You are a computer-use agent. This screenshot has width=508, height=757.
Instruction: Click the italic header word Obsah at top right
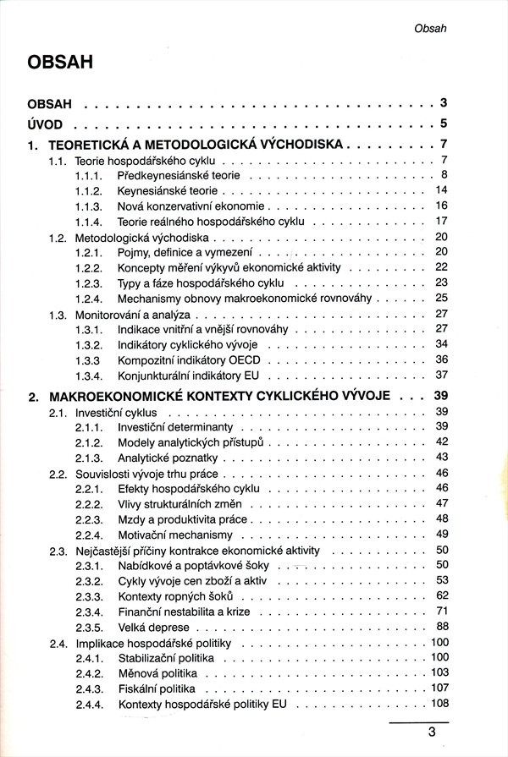(430, 28)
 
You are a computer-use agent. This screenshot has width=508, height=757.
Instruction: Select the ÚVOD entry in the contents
(47, 123)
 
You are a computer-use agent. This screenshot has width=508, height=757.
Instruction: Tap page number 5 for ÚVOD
(443, 123)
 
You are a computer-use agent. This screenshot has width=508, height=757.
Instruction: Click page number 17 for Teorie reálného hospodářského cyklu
(440, 221)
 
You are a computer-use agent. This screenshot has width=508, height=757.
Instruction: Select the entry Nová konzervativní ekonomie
(191, 206)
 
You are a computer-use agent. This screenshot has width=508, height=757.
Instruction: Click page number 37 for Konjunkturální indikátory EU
(440, 375)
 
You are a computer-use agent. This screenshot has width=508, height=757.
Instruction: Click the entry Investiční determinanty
(174, 427)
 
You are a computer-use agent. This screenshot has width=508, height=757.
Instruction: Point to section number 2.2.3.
(89, 518)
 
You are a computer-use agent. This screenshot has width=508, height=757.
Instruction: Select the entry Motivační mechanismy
(174, 534)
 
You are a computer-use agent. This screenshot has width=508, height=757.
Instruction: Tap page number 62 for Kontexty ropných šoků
(440, 595)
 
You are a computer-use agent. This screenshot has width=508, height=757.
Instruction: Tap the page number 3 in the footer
(432, 732)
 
